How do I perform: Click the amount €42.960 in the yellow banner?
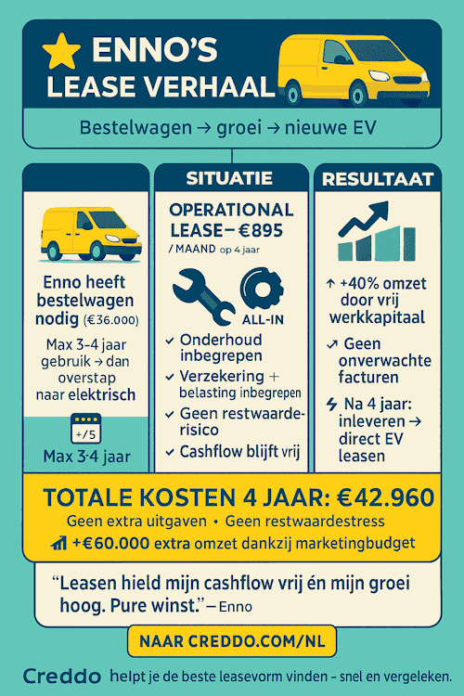click(380, 497)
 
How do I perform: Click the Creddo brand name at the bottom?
click(61, 676)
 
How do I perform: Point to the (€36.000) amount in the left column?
click(111, 322)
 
